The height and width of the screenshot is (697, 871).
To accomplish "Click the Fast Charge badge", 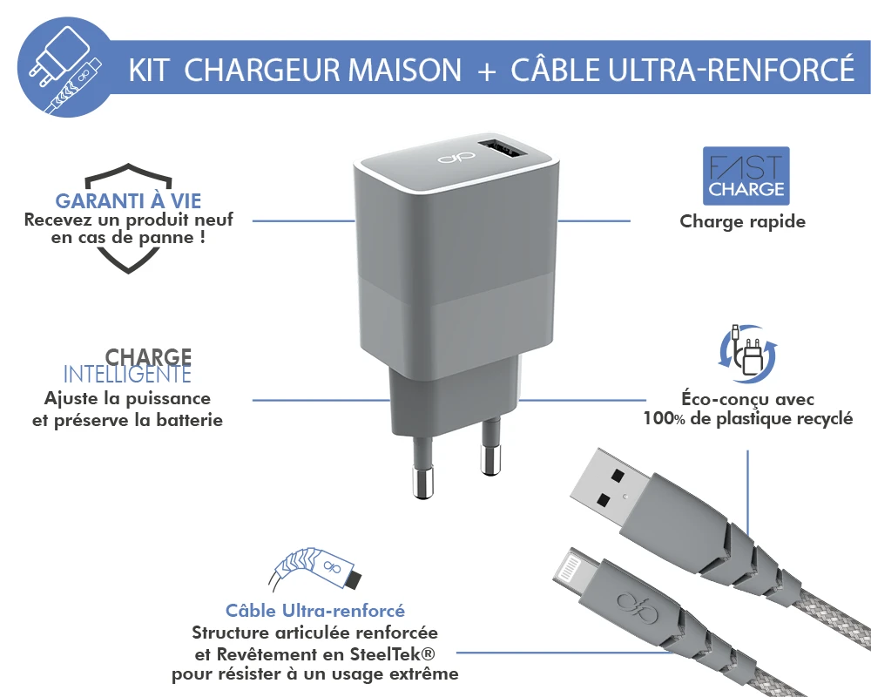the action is (746, 176).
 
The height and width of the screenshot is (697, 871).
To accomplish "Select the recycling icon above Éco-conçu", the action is (747, 354).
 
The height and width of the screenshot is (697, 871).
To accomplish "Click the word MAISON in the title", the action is (404, 70).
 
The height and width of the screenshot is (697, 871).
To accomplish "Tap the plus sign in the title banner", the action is (486, 72).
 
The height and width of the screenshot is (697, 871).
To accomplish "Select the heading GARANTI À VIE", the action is (128, 200).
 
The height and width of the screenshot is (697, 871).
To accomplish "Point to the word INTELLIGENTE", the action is (127, 375).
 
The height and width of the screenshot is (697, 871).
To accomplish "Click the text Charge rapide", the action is (743, 221).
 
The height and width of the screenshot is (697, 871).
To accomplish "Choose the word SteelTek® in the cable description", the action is (393, 654).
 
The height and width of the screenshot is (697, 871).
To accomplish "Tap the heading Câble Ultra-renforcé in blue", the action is (315, 610).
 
